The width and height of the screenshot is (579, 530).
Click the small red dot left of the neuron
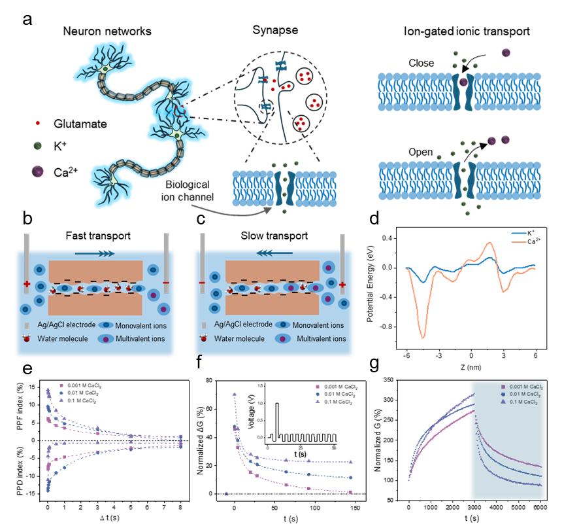pyautogui.click(x=38, y=123)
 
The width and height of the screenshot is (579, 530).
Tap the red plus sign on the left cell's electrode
pyautogui.click(x=27, y=284)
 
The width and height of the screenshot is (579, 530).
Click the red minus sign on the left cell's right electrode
pyautogui.click(x=166, y=283)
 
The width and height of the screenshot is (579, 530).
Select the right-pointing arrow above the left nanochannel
pyautogui.click(x=94, y=253)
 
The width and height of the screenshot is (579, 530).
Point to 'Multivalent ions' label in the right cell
pyautogui.click(x=322, y=339)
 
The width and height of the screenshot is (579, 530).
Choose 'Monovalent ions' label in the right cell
pyautogui.click(x=318, y=325)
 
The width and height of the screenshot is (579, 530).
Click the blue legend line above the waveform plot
pyautogui.click(x=520, y=233)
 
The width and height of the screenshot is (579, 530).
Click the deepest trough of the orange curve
pyautogui.click(x=423, y=337)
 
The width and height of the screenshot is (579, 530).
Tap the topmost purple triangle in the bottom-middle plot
pyautogui.click(x=234, y=394)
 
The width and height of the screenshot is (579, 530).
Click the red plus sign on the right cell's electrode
pyautogui.click(x=342, y=284)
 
